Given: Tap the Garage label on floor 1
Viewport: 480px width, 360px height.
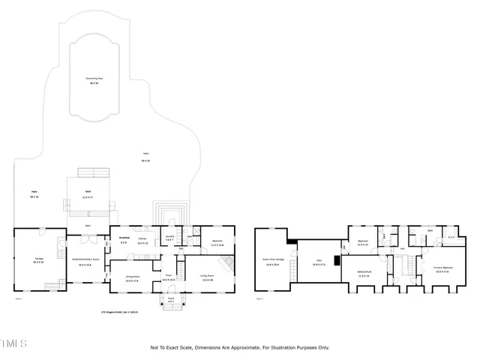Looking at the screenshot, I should coord(38,259).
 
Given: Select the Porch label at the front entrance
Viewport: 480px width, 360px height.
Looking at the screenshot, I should coord(170,299).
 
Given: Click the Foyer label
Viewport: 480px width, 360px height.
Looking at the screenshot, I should coord(169,277).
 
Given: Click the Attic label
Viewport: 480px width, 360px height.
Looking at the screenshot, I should coord(318,262).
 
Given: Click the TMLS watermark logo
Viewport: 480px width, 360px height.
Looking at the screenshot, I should coord(14,344).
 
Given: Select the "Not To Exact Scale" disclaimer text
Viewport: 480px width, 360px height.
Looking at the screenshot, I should coord(240,347).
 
